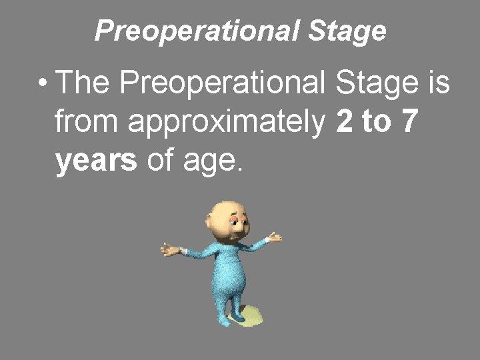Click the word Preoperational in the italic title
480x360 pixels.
[199, 31]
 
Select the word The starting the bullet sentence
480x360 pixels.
[83, 85]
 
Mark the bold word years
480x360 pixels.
[97, 162]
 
